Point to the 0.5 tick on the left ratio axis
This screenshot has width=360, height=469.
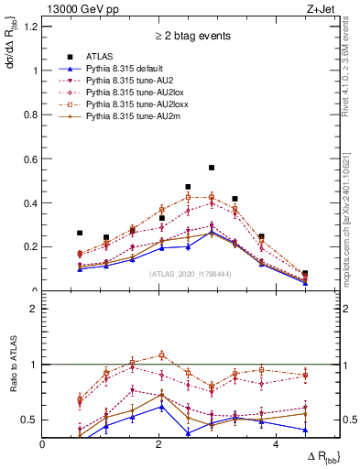tap(32, 420)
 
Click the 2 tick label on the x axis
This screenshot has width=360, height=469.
tap(159, 445)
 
